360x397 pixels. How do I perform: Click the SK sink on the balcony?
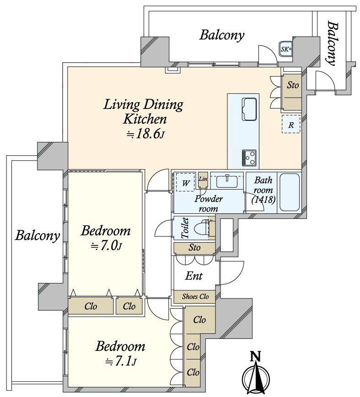(x=286, y=49)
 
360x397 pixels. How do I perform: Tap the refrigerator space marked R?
(x=291, y=124)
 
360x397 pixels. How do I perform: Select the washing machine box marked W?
(x=185, y=182)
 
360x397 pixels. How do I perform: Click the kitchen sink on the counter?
(x=249, y=109)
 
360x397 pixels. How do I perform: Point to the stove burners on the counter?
(x=249, y=158)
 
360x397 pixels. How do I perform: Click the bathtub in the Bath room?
(x=290, y=192)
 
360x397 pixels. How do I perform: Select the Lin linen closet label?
(x=203, y=179)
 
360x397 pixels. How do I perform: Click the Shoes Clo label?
(x=195, y=296)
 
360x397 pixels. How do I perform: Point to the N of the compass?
(x=256, y=357)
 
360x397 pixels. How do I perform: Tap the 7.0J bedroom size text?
(x=107, y=245)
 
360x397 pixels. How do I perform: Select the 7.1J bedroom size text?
(x=121, y=361)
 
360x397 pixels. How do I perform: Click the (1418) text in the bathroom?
(x=263, y=200)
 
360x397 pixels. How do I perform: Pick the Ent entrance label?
(x=194, y=276)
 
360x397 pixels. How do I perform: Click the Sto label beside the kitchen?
(x=292, y=85)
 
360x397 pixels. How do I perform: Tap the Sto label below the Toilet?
(x=194, y=247)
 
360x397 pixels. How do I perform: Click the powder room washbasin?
(x=227, y=181)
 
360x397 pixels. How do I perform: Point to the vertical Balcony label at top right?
(x=333, y=44)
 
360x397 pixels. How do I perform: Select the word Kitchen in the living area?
(x=145, y=119)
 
